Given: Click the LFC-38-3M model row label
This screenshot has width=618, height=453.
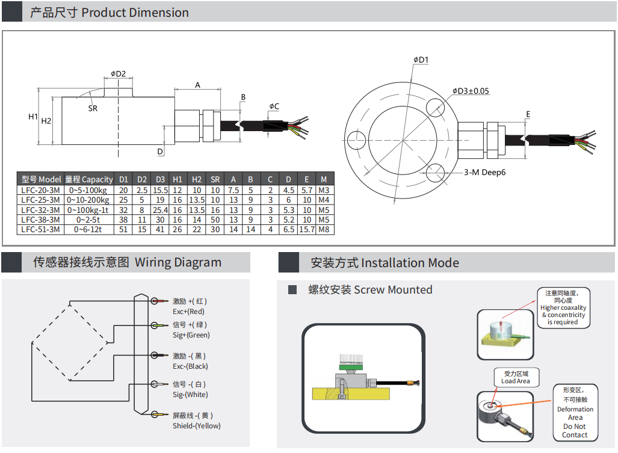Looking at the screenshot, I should tap(40, 220).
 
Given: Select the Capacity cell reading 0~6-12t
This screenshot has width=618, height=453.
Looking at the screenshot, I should tap(88, 229).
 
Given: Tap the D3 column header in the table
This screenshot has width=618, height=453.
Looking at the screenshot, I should tap(160, 179).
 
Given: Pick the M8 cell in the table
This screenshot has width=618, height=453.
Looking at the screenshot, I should tap(324, 229).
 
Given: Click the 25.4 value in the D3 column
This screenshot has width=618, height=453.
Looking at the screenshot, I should tap(160, 210).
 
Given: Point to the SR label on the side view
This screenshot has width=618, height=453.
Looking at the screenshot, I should tap(93, 108).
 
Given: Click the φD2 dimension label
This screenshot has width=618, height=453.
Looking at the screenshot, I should tap(118, 74).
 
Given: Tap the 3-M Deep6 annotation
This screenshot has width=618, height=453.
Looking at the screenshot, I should tap(484, 172).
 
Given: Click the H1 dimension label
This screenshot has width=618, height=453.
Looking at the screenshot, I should tap(33, 116).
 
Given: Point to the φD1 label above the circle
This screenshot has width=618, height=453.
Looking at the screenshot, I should tap(421, 60).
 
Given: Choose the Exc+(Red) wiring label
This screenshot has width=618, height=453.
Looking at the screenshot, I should tap(189, 312).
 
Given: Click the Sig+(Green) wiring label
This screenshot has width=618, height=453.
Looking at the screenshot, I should tap(191, 335).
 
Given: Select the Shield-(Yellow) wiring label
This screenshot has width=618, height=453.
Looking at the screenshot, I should tap(197, 426).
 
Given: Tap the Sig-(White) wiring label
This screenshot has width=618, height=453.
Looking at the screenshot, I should tap(190, 395).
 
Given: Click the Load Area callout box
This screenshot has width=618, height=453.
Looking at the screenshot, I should tap(516, 377).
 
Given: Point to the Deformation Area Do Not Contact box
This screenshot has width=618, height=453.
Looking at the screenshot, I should tap(575, 413).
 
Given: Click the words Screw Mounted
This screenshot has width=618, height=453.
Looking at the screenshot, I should tap(393, 290).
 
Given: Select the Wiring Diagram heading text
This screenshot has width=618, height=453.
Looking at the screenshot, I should tap(178, 263).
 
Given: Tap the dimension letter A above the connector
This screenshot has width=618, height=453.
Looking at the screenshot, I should tap(197, 85).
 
